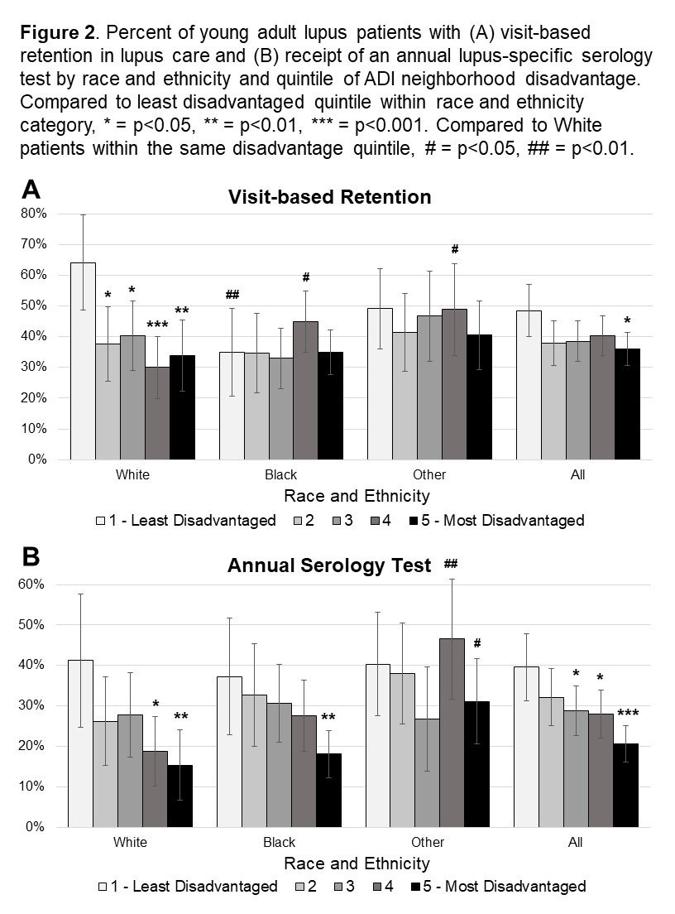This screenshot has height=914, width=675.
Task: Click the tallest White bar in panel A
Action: [83, 360]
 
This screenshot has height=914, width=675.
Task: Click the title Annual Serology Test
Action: [329, 566]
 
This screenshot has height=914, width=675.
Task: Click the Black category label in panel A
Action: [280, 475]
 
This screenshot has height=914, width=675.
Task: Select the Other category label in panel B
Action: [428, 843]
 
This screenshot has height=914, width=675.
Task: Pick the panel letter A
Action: [31, 190]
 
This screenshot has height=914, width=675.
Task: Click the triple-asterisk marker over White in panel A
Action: [156, 326]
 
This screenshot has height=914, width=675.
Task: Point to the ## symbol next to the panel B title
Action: [451, 564]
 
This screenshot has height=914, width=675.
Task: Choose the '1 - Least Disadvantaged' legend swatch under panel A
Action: [103, 521]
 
